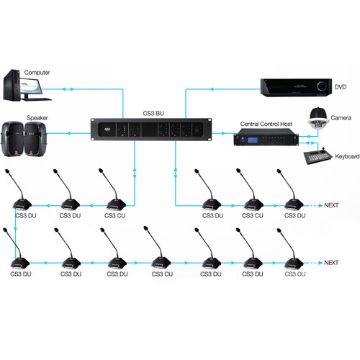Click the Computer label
(37, 73)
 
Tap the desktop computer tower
(12, 85)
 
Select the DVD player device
(297, 87)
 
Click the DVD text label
(341, 87)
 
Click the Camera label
(341, 118)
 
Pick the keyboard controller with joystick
(318, 156)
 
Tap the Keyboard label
(347, 156)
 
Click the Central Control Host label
(266, 124)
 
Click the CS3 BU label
(153, 113)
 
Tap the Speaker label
(37, 118)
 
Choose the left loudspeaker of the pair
(13, 139)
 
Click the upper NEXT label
(331, 205)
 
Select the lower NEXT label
(331, 263)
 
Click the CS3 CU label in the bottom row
(162, 274)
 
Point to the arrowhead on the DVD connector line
(212, 89)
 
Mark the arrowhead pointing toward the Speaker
(68, 133)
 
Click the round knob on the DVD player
(322, 86)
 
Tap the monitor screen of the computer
(31, 86)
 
